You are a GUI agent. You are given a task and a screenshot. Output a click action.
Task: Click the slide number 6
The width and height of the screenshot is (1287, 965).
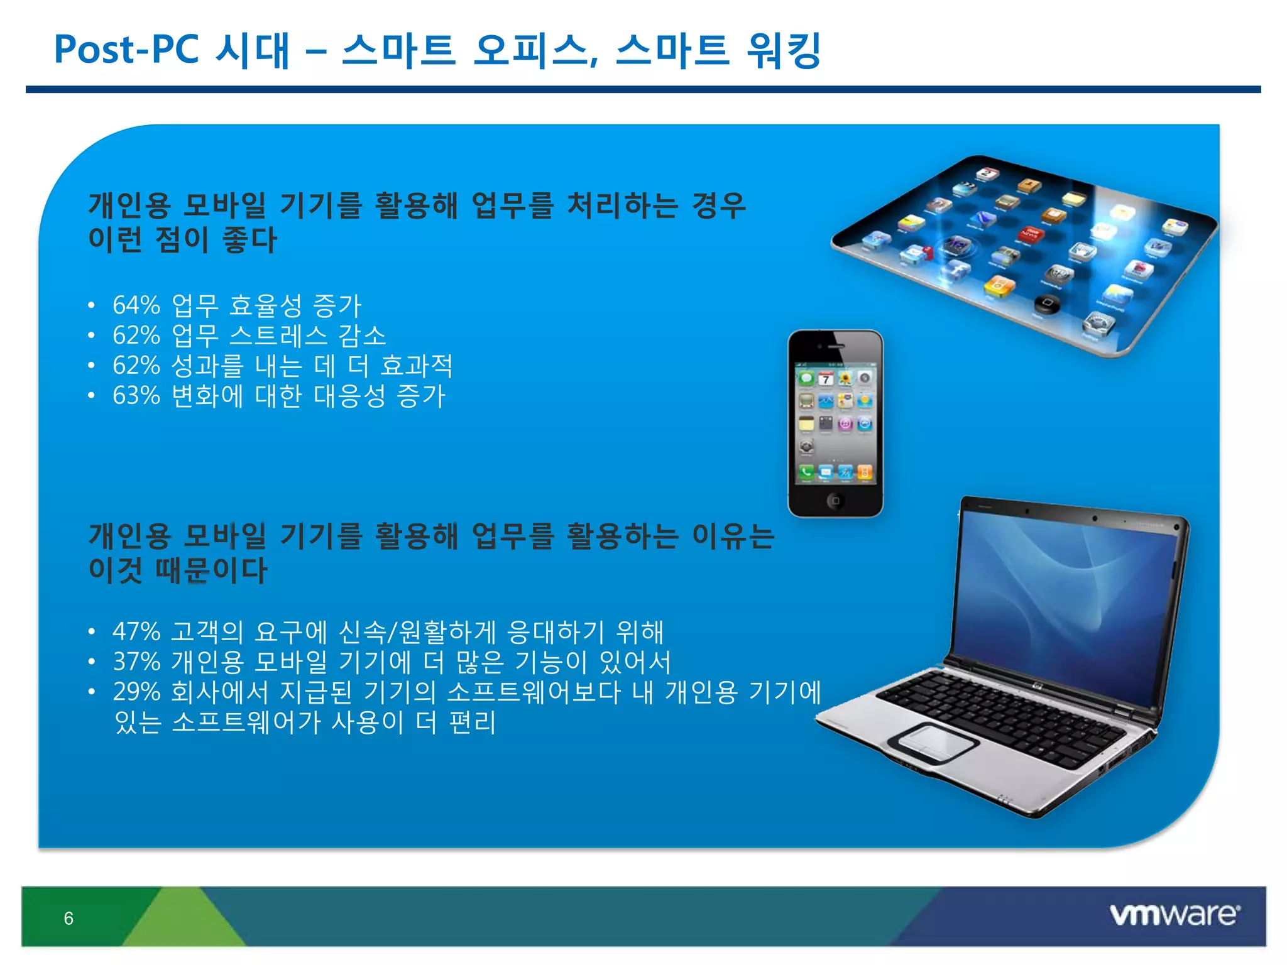[68, 919]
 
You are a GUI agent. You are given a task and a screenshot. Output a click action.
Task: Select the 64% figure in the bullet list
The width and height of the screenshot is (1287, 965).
[136, 305]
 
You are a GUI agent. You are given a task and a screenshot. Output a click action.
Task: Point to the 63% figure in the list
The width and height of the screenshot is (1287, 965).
[136, 396]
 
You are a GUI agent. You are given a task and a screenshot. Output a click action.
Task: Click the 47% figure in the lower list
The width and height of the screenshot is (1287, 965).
[136, 631]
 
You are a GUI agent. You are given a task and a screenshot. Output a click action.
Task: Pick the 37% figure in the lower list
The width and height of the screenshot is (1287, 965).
[136, 662]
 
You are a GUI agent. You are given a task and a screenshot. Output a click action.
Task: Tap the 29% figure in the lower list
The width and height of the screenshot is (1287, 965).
[136, 692]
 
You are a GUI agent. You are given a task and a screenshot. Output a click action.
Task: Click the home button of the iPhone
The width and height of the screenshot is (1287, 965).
[835, 501]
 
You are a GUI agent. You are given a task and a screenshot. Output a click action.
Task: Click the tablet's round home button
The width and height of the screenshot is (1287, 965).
[1047, 303]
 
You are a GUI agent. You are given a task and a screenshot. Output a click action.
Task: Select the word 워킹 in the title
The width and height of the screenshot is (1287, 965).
[783, 50]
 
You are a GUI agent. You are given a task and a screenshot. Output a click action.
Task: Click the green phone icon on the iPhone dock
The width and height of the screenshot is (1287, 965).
[806, 472]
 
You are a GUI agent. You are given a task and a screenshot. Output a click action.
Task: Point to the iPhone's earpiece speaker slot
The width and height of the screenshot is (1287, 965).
[836, 346]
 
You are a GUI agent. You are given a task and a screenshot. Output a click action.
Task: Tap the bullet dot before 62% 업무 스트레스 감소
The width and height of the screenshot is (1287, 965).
[92, 335]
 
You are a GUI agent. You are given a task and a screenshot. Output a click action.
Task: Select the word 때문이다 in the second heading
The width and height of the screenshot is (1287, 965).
[211, 569]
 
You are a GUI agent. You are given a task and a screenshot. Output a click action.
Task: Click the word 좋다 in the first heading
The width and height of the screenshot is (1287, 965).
[249, 239]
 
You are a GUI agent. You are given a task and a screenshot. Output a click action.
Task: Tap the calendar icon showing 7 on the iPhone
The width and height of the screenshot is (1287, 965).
[826, 379]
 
